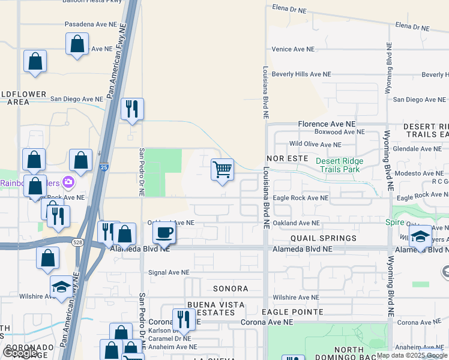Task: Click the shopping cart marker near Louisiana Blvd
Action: [222, 170]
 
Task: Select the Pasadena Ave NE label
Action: [90, 25]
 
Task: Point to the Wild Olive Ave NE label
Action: [315, 145]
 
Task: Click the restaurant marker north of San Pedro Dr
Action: [132, 110]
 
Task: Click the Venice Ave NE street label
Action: [293, 49]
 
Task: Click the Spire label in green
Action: [395, 222]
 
